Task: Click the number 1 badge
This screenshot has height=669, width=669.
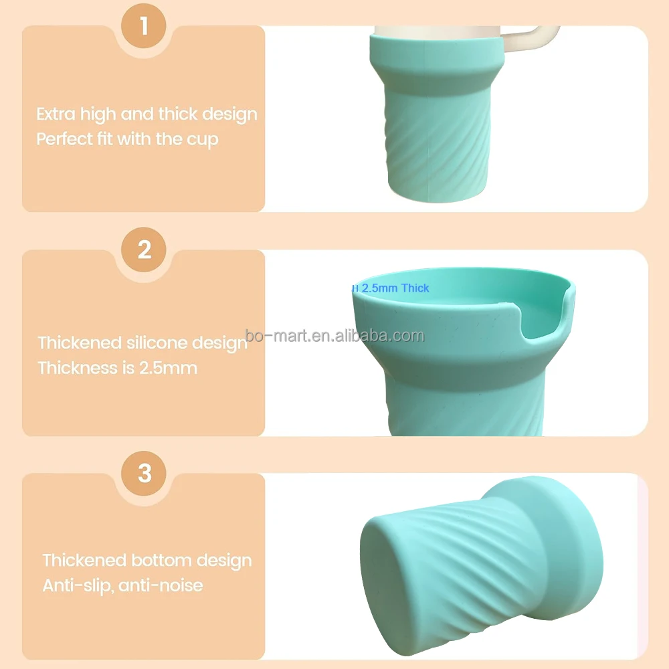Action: (x=145, y=27)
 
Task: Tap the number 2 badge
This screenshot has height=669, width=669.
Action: (x=145, y=250)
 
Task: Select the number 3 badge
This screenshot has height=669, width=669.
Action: (x=145, y=474)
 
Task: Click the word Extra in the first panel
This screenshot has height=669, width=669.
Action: (x=56, y=114)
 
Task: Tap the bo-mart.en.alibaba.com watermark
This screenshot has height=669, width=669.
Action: (x=334, y=335)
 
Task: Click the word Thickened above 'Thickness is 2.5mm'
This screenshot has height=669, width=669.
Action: (x=80, y=343)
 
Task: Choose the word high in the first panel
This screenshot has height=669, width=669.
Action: (x=98, y=114)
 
